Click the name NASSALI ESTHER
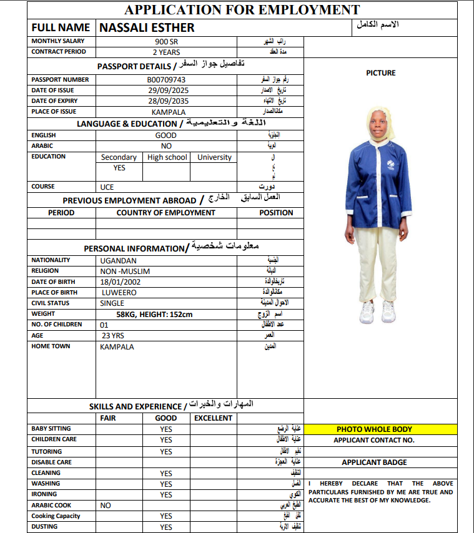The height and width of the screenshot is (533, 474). coord(147,27)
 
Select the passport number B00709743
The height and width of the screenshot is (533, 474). coord(166,80)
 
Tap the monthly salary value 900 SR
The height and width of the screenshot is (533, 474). coord(166,41)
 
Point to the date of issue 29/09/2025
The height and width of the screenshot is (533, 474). coord(166,90)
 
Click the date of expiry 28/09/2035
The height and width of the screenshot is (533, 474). coord(166,101)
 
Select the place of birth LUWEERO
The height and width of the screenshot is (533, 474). coord(119,292)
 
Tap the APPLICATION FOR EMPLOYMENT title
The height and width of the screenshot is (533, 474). coord(242,9)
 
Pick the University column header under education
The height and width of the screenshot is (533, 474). coord(214,157)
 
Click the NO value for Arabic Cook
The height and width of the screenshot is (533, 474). coord(106,506)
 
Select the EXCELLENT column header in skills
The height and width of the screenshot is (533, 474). coord(213,418)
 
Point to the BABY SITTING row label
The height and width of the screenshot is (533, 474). coord(51,429)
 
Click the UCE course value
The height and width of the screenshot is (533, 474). coord(107,187)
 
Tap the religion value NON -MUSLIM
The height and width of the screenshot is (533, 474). coord(125,271)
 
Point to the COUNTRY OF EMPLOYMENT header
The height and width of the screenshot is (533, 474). coord(165,213)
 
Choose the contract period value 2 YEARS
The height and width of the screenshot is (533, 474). coord(166,52)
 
